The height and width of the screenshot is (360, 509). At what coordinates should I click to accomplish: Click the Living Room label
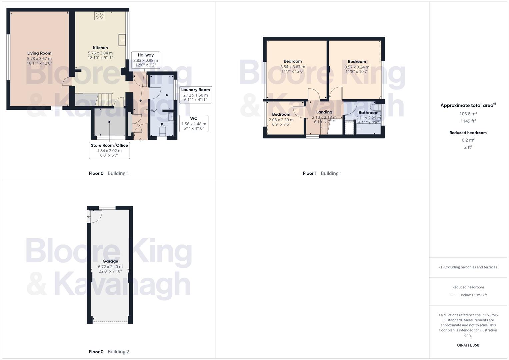pyautogui.click(x=39, y=53)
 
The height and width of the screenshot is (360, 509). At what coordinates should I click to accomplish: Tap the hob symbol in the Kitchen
pyautogui.click(x=99, y=16)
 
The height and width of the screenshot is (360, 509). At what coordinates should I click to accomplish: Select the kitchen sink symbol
pyautogui.click(x=121, y=40)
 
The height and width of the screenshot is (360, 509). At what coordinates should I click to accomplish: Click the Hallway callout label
pyautogui.click(x=146, y=55)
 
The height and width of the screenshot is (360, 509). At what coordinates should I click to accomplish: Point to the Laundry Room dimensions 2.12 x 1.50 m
pyautogui.click(x=195, y=95)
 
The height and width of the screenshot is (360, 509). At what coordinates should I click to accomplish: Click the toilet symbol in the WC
pyautogui.click(x=162, y=131)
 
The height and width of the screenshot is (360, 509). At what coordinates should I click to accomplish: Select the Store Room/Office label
pyautogui.click(x=109, y=145)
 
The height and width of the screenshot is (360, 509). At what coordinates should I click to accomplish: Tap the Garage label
pyautogui.click(x=110, y=261)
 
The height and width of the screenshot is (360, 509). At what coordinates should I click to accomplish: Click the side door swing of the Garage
pyautogui.click(x=94, y=216)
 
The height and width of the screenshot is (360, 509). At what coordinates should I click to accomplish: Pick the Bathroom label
pyautogui.click(x=368, y=113)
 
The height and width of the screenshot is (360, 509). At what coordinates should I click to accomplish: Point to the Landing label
pyautogui.click(x=324, y=112)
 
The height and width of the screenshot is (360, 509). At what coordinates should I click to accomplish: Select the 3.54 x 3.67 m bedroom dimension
pyautogui.click(x=292, y=67)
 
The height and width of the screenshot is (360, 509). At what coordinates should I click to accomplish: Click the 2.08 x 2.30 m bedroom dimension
pyautogui.click(x=281, y=120)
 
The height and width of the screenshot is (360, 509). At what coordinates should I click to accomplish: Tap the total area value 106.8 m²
pyautogui.click(x=468, y=114)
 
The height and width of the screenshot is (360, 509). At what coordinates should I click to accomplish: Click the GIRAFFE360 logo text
pyautogui.click(x=468, y=345)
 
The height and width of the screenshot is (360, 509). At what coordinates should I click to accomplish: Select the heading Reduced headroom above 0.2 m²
pyautogui.click(x=468, y=133)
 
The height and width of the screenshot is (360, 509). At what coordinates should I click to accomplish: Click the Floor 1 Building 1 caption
pyautogui.click(x=322, y=173)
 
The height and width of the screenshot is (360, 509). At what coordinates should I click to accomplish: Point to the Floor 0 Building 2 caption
pyautogui.click(x=109, y=352)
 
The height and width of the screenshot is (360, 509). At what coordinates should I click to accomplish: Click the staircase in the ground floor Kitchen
pyautogui.click(x=104, y=99)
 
